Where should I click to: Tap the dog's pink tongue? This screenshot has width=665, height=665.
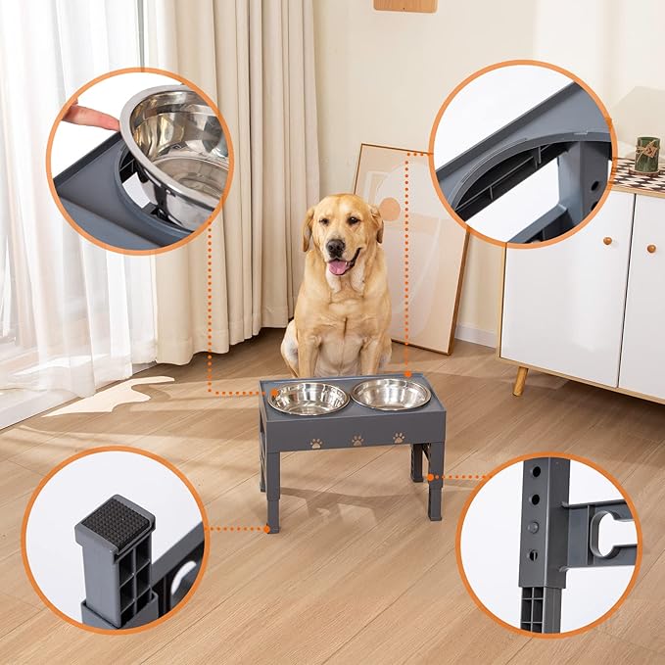338,266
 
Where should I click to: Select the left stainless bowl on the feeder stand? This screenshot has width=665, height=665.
308,397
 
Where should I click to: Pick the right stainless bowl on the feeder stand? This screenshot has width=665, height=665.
391,394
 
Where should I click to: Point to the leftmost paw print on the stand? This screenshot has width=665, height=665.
316,443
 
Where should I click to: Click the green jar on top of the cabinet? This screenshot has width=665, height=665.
646,154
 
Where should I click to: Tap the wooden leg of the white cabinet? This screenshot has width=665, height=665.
520,380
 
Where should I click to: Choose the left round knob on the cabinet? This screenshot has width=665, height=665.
605,240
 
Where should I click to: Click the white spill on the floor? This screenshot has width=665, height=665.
107,397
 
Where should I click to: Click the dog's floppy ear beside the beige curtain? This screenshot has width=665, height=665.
308,226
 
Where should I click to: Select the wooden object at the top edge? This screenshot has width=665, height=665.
405,5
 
